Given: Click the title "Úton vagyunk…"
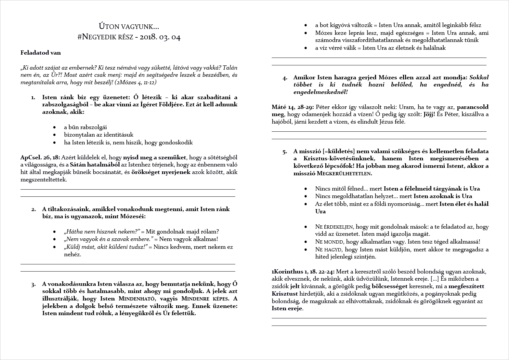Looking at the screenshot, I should [x=129, y=26].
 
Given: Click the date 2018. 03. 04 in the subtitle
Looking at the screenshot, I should [x=160, y=37].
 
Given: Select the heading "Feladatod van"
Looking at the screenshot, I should [x=41, y=53].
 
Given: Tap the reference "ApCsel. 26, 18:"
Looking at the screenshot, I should [x=40, y=157].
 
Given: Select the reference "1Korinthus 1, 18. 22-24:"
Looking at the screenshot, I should [x=303, y=272].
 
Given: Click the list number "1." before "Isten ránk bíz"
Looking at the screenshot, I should [x=33, y=98].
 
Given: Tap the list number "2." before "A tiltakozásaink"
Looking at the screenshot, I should [x=33, y=209].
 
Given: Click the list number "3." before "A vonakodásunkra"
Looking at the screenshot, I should [x=33, y=285].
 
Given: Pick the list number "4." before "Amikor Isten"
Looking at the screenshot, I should [x=285, y=78].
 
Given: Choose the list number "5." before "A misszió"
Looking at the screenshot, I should [x=285, y=152].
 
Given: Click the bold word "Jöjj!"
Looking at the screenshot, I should [x=428, y=114].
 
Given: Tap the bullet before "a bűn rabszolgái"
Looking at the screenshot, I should [x=55, y=127].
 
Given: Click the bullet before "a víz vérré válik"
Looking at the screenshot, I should [x=306, y=48].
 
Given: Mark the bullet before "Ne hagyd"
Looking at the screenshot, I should [x=306, y=250].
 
